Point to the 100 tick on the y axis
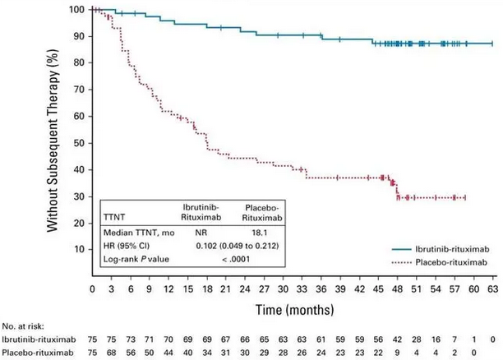(79, 10)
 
